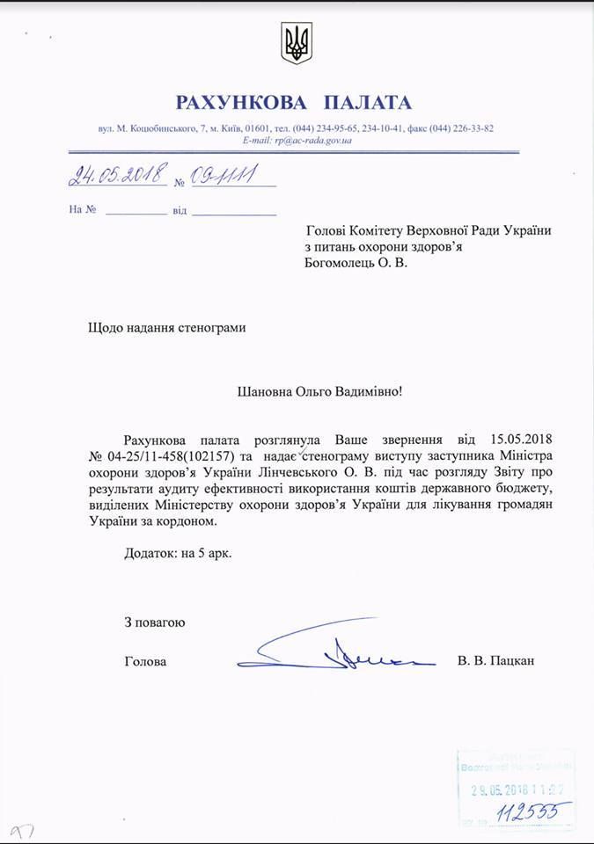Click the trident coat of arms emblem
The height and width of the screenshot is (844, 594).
click(x=297, y=43)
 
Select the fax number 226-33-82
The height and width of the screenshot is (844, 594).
click(x=471, y=128)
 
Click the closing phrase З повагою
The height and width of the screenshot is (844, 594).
click(x=155, y=622)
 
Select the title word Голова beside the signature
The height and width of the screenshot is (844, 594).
click(x=144, y=660)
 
